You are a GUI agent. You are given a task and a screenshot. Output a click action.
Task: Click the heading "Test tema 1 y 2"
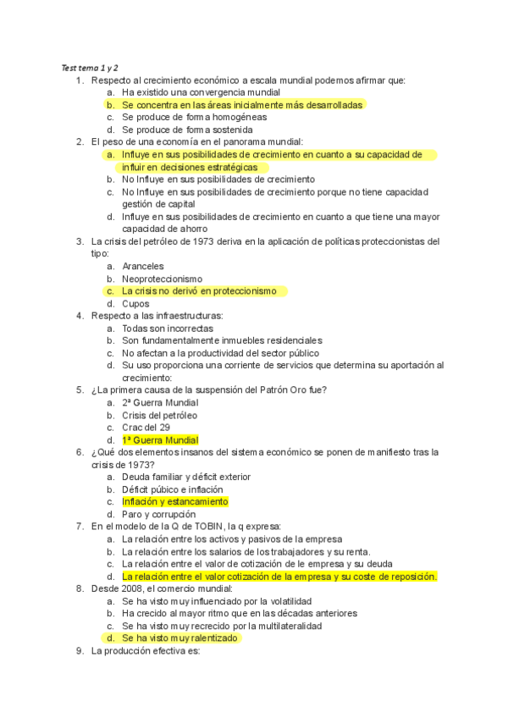[x=89, y=68]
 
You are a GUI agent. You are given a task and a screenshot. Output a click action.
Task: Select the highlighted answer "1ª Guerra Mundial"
[x=160, y=440]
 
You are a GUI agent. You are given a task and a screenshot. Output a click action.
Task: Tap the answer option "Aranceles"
[x=142, y=266]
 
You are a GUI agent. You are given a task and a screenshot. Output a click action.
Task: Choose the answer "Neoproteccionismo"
[x=162, y=279]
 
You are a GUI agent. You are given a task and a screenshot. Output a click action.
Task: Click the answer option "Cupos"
[x=135, y=303]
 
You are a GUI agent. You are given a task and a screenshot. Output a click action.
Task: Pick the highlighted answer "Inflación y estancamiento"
[x=174, y=501]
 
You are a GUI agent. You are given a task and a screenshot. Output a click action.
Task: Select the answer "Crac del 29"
[x=146, y=428]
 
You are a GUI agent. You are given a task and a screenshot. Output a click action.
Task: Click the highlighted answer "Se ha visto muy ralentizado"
[x=179, y=638]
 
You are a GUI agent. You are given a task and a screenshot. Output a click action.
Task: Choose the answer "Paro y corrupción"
[x=158, y=514]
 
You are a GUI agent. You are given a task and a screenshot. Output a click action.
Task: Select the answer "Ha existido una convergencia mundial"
[x=201, y=92]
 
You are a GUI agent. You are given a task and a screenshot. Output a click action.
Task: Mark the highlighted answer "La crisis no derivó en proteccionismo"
[x=199, y=290]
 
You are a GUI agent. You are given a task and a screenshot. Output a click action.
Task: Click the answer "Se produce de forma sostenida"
[x=187, y=130]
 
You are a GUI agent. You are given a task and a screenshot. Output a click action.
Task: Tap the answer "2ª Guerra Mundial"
[x=160, y=402]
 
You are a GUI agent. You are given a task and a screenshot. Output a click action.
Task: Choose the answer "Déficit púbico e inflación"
[x=173, y=489]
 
